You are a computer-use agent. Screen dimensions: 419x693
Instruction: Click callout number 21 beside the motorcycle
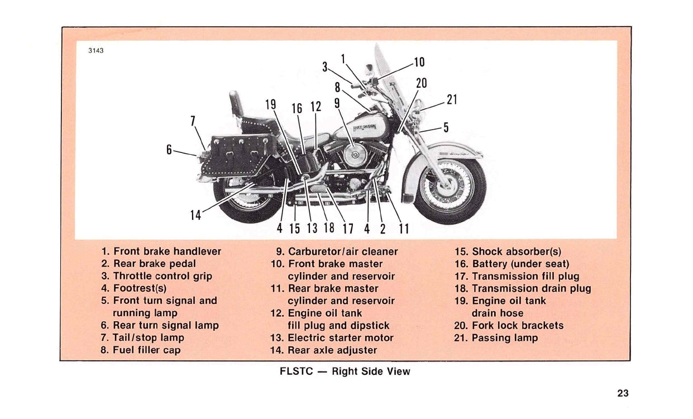pos(452,100)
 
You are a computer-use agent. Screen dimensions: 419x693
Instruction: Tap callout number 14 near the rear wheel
pos(195,214)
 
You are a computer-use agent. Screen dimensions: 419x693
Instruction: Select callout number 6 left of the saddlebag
pos(169,149)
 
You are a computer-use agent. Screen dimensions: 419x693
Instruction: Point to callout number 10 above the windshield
pos(419,61)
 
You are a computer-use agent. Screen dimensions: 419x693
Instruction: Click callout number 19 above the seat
pos(270,104)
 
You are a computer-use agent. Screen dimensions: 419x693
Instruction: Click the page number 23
pos(623,393)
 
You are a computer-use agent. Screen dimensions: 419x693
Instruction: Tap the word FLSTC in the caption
pos(296,372)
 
